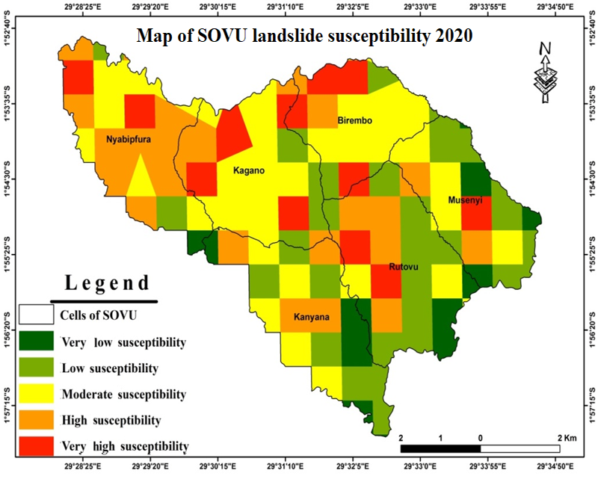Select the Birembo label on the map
355,120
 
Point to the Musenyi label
466,200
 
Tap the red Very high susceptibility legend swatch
37,445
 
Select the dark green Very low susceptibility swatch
37,342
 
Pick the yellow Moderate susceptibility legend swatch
37,393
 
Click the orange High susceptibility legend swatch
37,419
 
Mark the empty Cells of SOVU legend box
37,315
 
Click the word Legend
108,283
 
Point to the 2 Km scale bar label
566,437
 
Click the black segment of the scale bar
441,448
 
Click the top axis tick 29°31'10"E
285,7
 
